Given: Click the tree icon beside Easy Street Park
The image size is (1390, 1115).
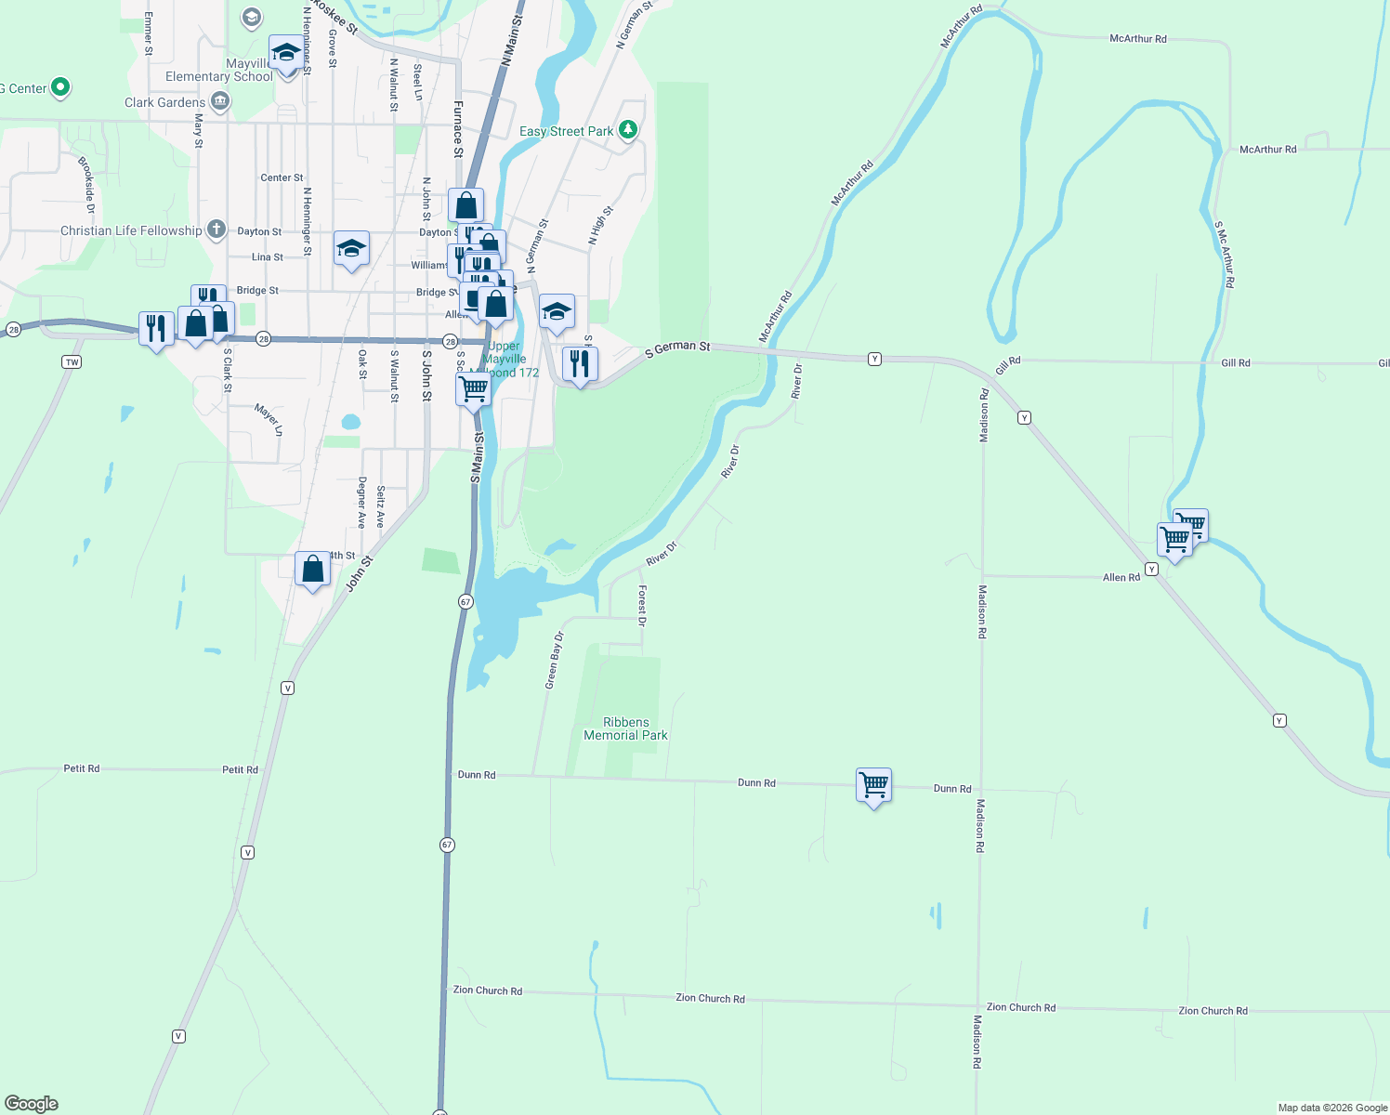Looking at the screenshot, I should coord(628,130).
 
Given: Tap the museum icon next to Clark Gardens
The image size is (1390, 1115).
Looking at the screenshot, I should coord(220,102).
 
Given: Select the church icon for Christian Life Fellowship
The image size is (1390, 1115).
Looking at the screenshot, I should coord(216,230).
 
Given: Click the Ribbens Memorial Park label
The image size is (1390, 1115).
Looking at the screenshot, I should coord(625,728).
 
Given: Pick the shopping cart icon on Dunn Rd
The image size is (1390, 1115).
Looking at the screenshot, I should coord(873,786).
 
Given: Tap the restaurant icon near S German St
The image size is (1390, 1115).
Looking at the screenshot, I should coord(580,363).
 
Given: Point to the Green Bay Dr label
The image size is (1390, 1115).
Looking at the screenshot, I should coord(554,660).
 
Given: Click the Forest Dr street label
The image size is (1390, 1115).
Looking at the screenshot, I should coord(642,605).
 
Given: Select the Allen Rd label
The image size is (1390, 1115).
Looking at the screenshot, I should coord(1121,577).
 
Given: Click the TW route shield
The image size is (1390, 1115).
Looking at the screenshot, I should coord(72,361).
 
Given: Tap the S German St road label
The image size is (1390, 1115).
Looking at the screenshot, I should coord(677,348).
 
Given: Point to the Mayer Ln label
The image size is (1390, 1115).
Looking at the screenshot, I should coord(269,420).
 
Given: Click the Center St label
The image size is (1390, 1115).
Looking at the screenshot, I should coord(282,177).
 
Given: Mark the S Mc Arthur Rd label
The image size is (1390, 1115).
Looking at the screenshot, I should coord(1225,254).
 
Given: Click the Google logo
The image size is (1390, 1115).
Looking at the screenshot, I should coord(32,1104).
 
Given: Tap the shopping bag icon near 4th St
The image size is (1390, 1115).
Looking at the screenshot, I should coord(312,569).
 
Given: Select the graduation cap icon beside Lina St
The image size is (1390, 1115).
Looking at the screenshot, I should coord(351,249).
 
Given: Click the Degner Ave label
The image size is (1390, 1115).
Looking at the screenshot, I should coord(361,502).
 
